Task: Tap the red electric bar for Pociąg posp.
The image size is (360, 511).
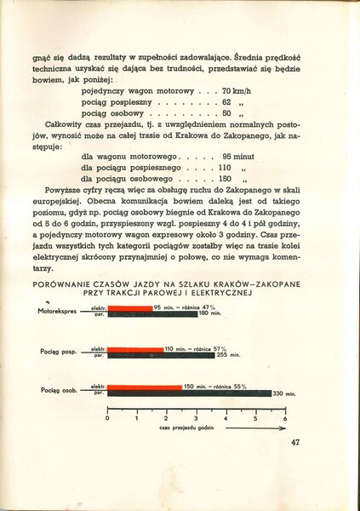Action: [x=134, y=348]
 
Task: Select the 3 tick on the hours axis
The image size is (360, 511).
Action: [x=196, y=419]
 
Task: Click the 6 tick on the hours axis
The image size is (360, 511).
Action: [x=284, y=419]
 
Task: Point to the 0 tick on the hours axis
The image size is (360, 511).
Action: [x=108, y=419]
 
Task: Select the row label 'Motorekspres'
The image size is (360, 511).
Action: [x=57, y=311]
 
